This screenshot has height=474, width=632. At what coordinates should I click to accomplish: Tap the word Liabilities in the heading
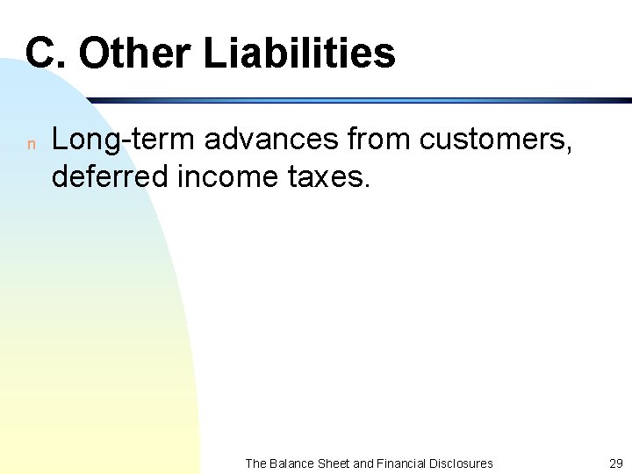click(x=299, y=53)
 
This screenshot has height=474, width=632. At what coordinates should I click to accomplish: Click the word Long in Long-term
click(x=83, y=140)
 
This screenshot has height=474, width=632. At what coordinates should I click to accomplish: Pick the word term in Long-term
click(x=146, y=140)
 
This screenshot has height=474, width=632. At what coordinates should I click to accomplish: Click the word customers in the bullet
click(x=498, y=140)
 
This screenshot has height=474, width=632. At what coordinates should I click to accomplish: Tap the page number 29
click(x=615, y=463)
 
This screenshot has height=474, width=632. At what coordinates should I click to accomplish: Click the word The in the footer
click(x=255, y=463)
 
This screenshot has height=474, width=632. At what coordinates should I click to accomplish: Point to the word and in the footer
click(x=363, y=463)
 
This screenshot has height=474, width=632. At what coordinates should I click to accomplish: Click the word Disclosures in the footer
click(x=462, y=463)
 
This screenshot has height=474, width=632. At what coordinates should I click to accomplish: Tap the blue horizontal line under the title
click(x=351, y=100)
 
